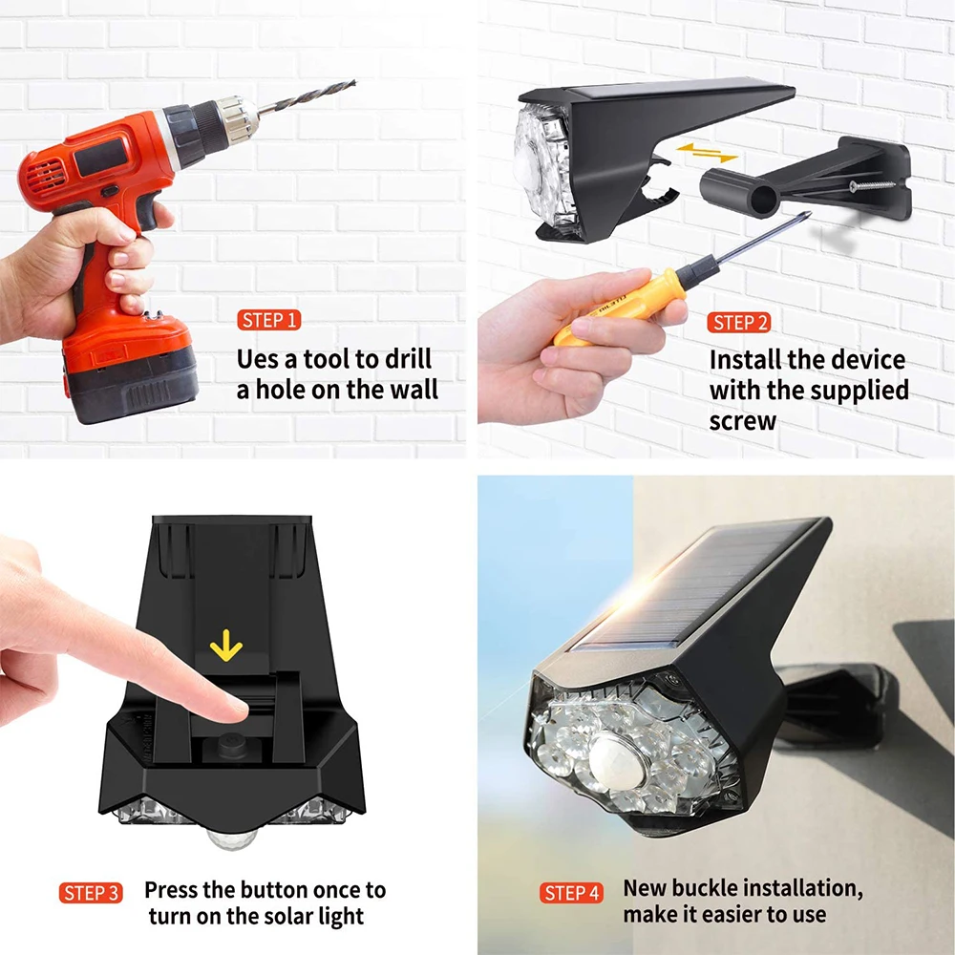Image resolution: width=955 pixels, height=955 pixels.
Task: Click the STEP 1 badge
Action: pyautogui.click(x=268, y=320)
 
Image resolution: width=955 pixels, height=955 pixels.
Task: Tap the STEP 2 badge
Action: pyautogui.click(x=739, y=322)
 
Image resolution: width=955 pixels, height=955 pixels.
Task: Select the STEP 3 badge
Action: pyautogui.click(x=91, y=893)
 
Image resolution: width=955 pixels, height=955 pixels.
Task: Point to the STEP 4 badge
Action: pyautogui.click(x=571, y=893)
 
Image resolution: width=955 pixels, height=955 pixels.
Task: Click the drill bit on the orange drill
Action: pyautogui.click(x=308, y=96)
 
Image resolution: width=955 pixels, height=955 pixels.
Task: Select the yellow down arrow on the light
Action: pyautogui.click(x=226, y=645)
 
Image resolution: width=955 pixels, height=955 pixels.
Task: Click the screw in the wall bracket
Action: pyautogui.click(x=872, y=184)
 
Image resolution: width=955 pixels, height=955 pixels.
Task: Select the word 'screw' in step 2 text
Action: pyautogui.click(x=743, y=421)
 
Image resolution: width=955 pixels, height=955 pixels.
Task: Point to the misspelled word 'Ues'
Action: pyautogui.click(x=258, y=359)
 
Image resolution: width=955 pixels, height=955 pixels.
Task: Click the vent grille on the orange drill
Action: pyautogui.click(x=45, y=175)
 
